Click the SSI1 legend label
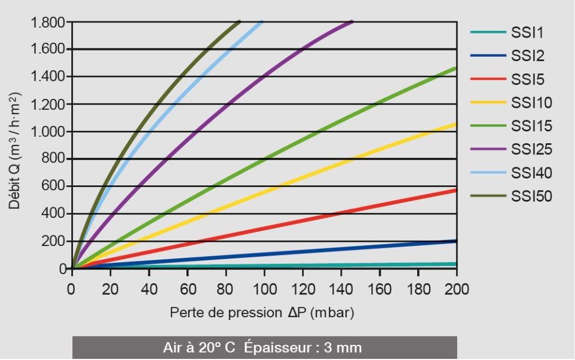pos(528,33)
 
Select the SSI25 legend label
pos(532,149)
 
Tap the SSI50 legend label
pos(532,196)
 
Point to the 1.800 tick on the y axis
pos(50,22)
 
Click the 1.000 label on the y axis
pos(50,132)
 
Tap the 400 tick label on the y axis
pos(56,214)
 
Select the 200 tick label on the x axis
pos(457,290)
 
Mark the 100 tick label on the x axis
pos(264,290)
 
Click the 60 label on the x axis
pos(188,290)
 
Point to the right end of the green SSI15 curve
pos(455,69)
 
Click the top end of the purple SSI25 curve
pos(352,22)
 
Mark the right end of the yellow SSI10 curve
pos(455,124)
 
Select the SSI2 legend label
pos(528,56)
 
